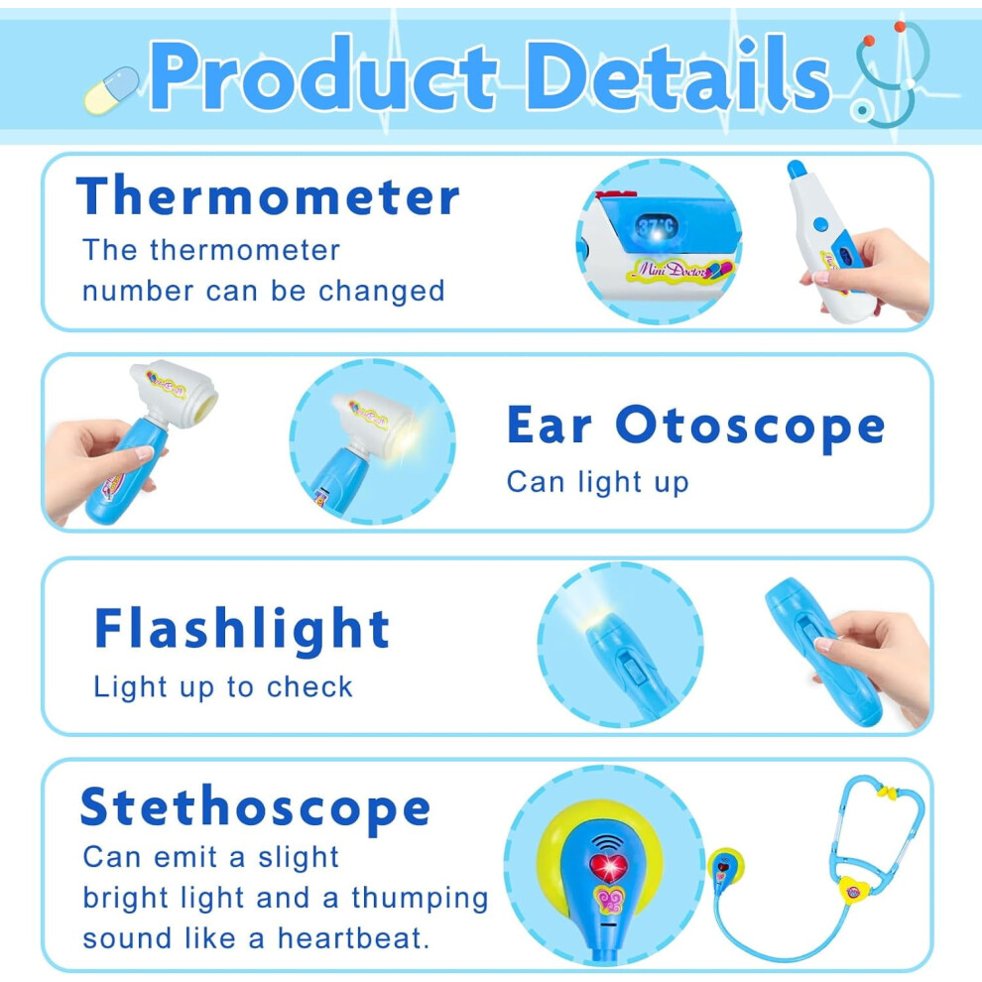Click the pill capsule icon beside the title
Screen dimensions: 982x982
[112, 91]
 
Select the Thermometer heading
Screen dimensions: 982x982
[268, 196]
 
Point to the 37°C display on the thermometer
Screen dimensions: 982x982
[657, 226]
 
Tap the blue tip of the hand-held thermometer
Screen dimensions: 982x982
[796, 169]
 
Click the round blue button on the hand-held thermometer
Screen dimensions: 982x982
[820, 224]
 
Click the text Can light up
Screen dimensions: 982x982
[598, 482]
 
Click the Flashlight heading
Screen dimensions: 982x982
[242, 629]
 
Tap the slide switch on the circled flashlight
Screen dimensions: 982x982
[629, 668]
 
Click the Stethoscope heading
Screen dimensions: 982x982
[256, 807]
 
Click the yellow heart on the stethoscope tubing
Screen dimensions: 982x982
[854, 890]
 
